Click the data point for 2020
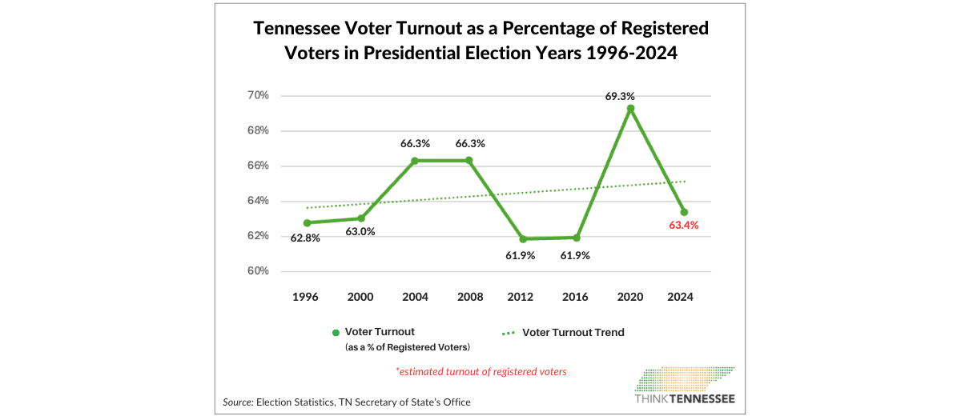[x=631, y=109]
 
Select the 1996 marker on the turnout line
[x=307, y=222]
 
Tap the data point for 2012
[x=523, y=238]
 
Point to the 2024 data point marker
[x=684, y=212]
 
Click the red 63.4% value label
[x=684, y=226]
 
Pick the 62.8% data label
[x=304, y=238]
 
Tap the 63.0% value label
[x=360, y=232]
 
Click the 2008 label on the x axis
[x=469, y=297]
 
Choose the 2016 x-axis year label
[x=577, y=297]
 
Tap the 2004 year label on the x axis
[x=415, y=297]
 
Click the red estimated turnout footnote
[x=481, y=371]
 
